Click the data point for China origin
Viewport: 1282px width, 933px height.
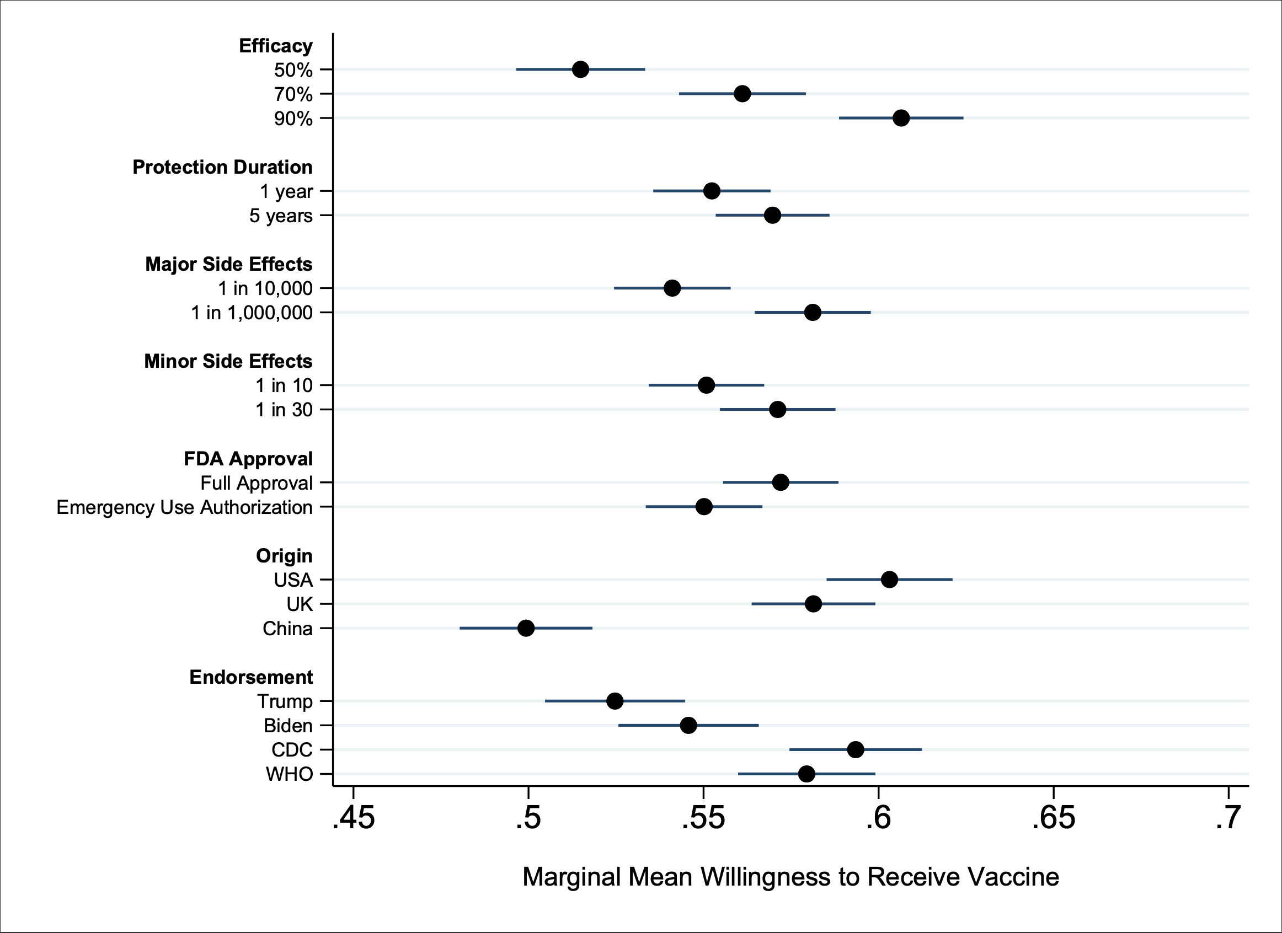(x=526, y=628)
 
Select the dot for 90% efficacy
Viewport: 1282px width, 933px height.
(x=901, y=118)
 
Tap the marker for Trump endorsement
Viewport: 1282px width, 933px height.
(x=615, y=701)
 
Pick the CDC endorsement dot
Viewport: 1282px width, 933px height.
(x=856, y=749)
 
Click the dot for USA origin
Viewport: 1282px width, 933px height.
(x=889, y=579)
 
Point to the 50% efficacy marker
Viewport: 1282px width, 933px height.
(x=580, y=69)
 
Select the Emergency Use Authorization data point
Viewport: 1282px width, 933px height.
(x=704, y=506)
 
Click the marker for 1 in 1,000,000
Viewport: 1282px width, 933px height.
(x=812, y=312)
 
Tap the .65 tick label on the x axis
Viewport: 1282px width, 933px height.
(x=1053, y=818)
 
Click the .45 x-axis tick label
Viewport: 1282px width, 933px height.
(x=353, y=818)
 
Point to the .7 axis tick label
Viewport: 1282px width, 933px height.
(x=1228, y=818)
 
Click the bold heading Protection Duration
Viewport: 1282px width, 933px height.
(x=222, y=167)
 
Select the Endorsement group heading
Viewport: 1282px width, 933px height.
(x=251, y=677)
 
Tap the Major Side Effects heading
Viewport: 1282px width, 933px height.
(x=228, y=264)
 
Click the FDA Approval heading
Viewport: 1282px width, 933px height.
(x=248, y=459)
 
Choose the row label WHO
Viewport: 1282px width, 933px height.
(x=289, y=774)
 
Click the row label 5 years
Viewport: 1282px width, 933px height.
(x=280, y=215)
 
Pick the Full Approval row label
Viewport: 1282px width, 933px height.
(x=256, y=483)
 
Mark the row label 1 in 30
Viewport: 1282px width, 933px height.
(x=284, y=409)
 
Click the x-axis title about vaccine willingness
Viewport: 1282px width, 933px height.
(x=790, y=877)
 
